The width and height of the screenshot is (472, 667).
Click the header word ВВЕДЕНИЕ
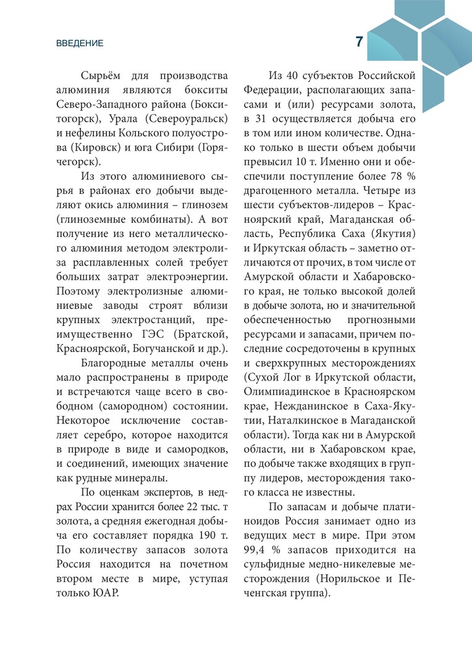(80, 43)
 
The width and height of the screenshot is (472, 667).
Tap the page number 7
(360, 41)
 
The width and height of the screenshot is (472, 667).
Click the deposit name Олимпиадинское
(287, 392)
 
